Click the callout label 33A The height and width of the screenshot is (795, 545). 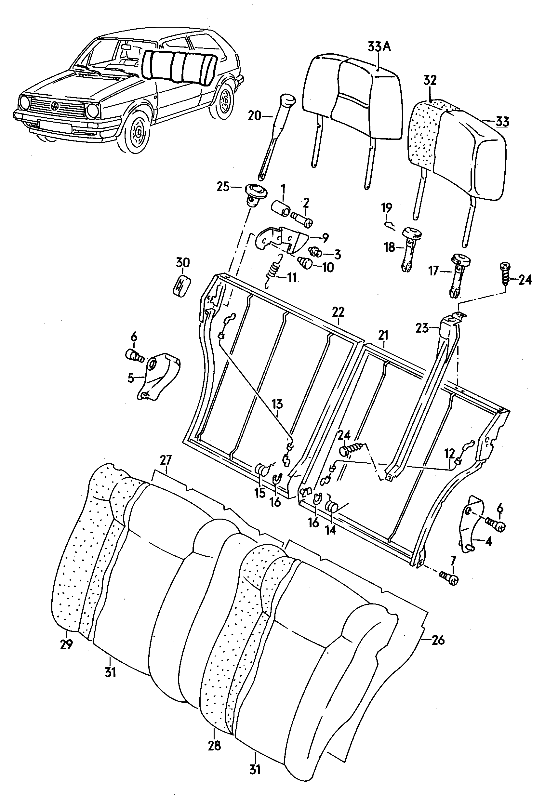pos(379,46)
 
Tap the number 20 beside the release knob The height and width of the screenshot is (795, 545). pos(254,116)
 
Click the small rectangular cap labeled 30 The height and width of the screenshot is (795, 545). pos(181,284)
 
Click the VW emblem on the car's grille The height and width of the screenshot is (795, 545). pos(55,106)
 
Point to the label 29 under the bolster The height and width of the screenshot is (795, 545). pos(66,644)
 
